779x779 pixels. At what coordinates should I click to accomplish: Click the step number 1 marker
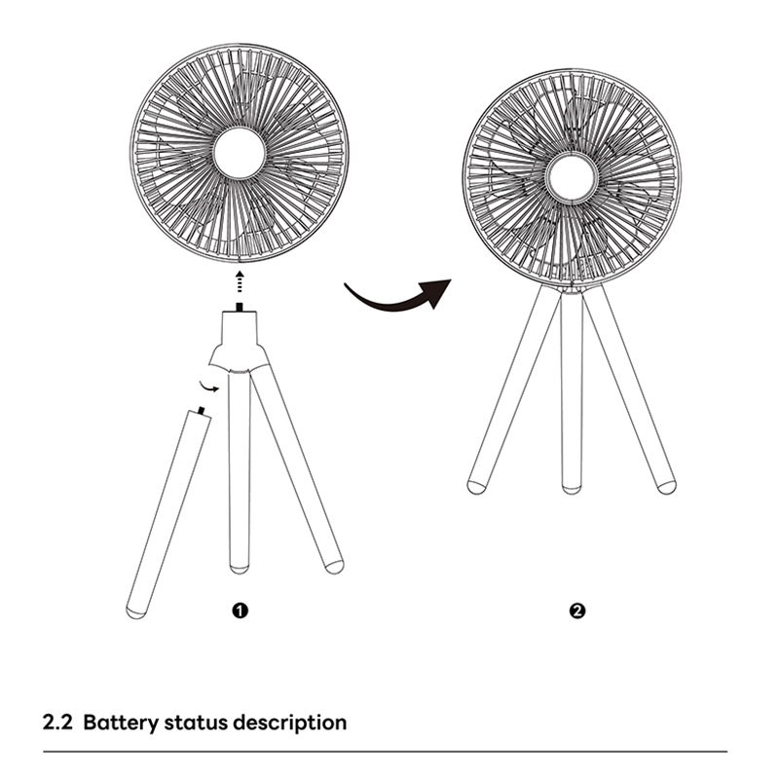point(240,611)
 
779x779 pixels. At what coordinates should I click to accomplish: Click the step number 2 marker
point(576,611)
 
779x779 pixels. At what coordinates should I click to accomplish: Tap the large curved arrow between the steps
point(397,300)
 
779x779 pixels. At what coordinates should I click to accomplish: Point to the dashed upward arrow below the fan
point(240,281)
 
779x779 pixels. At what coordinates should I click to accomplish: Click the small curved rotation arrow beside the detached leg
point(208,387)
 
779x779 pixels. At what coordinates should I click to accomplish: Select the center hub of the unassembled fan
point(240,153)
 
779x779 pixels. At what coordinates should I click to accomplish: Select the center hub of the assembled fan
point(572,178)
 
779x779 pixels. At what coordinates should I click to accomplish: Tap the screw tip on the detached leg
point(202,411)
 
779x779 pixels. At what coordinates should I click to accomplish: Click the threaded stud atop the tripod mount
point(240,307)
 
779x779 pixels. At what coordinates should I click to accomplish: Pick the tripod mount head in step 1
point(240,342)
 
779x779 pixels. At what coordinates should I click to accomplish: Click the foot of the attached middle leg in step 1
point(240,569)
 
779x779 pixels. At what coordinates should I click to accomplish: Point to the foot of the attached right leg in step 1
point(334,567)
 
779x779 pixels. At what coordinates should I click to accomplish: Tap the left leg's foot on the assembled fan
point(476,487)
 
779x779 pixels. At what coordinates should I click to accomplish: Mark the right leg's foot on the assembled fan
point(667,487)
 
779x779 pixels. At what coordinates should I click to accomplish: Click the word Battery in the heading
point(121,723)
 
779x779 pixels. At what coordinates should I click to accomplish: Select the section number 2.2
point(57,723)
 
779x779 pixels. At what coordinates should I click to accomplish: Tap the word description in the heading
point(290,723)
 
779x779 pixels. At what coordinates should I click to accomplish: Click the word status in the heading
point(196,723)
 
